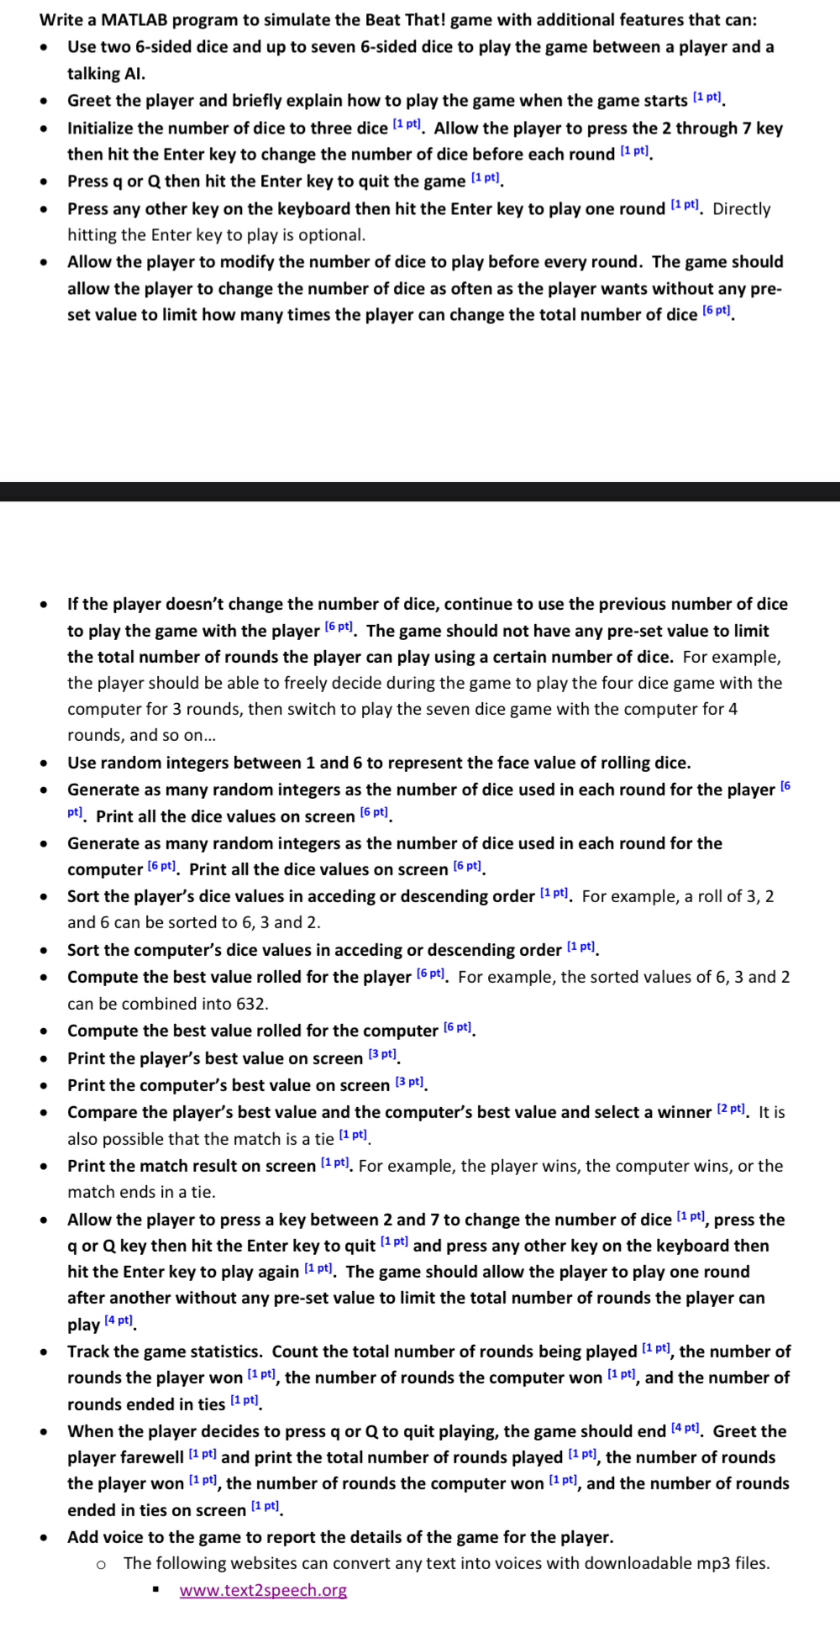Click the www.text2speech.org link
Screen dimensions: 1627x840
[x=263, y=1590]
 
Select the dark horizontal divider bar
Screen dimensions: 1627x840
[x=420, y=491]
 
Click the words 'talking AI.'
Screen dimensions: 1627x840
[x=106, y=73]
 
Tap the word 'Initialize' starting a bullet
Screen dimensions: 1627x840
[x=101, y=128]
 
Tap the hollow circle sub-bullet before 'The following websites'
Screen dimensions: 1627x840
[x=101, y=1564]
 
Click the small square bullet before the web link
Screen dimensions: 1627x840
[x=156, y=1590]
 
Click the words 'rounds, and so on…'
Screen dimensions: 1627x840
[x=141, y=735]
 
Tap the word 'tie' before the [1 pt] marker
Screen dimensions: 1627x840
[x=323, y=1139]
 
